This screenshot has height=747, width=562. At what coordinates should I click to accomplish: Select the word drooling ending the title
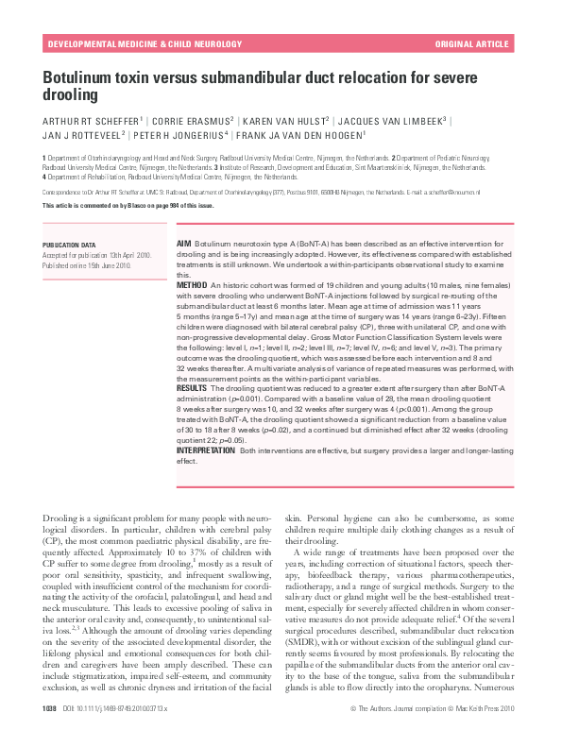[71, 95]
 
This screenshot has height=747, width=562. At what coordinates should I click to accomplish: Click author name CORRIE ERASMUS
[190, 122]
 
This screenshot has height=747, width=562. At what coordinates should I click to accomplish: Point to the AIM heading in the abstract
[184, 245]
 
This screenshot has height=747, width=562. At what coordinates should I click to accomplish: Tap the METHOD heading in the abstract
[192, 284]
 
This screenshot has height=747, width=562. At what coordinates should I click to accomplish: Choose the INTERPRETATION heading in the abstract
[207, 451]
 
